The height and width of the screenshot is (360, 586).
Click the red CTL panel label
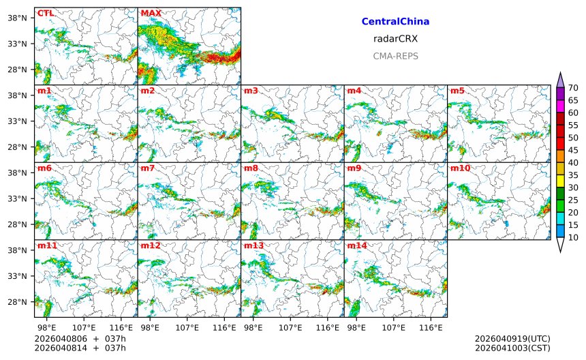[46, 13]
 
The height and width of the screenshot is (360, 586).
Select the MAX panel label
[151, 13]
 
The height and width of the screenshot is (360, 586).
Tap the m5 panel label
[457, 91]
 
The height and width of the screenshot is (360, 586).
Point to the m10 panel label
[460, 168]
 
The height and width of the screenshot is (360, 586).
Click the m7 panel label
[148, 168]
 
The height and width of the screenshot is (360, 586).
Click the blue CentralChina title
[395, 22]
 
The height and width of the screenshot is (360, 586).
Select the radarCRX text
[395, 39]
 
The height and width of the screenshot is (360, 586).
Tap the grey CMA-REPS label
[395, 56]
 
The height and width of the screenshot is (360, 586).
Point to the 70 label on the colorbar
[573, 87]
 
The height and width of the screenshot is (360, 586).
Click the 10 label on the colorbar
[573, 237]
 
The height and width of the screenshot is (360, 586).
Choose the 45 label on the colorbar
[573, 150]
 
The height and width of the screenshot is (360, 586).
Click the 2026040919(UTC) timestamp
[512, 339]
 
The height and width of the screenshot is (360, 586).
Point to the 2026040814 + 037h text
[80, 348]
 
